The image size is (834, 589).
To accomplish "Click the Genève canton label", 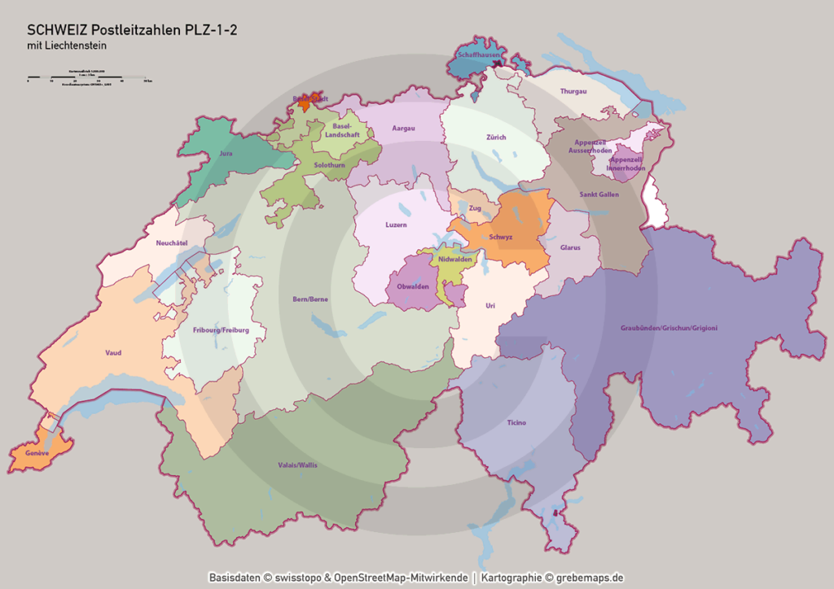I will coord(37,452).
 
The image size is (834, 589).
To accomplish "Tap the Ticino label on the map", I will coord(516,422).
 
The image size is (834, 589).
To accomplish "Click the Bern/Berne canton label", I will coord(310,299).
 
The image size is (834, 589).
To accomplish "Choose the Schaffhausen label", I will coord(478,55).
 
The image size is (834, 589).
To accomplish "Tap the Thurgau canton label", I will coord(573,91).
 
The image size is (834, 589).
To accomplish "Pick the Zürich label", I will coord(496,137).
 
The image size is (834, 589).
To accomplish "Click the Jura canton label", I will coord(226,153).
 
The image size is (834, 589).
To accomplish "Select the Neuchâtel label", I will coord(171,242).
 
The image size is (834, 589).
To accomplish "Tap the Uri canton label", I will coord(489,305).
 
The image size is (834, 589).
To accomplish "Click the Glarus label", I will coord(570,247).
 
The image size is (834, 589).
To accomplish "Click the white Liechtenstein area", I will coord(655,202).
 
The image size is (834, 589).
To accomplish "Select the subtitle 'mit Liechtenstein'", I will coord(66,46).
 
